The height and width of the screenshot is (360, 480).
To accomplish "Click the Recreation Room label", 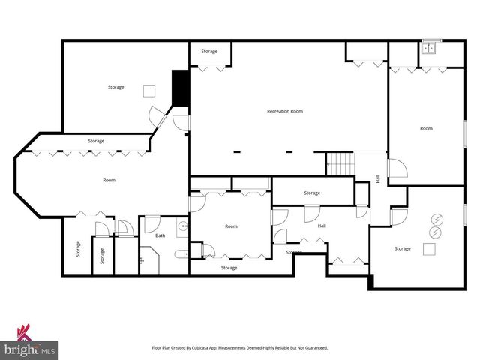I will [285, 111].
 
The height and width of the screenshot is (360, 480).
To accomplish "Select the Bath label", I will [160, 235].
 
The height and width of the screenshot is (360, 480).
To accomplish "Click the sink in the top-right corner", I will [430, 48].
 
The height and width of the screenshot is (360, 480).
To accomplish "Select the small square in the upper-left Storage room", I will [149, 90].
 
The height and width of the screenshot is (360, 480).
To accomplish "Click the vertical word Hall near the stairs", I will [378, 179].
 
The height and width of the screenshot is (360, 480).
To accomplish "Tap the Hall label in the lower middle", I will [322, 226].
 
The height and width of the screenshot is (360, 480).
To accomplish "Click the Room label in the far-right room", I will [426, 128].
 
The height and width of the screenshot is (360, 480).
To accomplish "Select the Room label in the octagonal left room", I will [109, 180].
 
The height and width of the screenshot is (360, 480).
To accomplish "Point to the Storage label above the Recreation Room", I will [209, 52].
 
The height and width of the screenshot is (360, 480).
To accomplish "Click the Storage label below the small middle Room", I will [229, 268].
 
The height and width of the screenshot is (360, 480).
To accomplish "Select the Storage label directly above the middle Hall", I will [312, 193].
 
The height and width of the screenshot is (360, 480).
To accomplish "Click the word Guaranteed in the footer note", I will [314, 348].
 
